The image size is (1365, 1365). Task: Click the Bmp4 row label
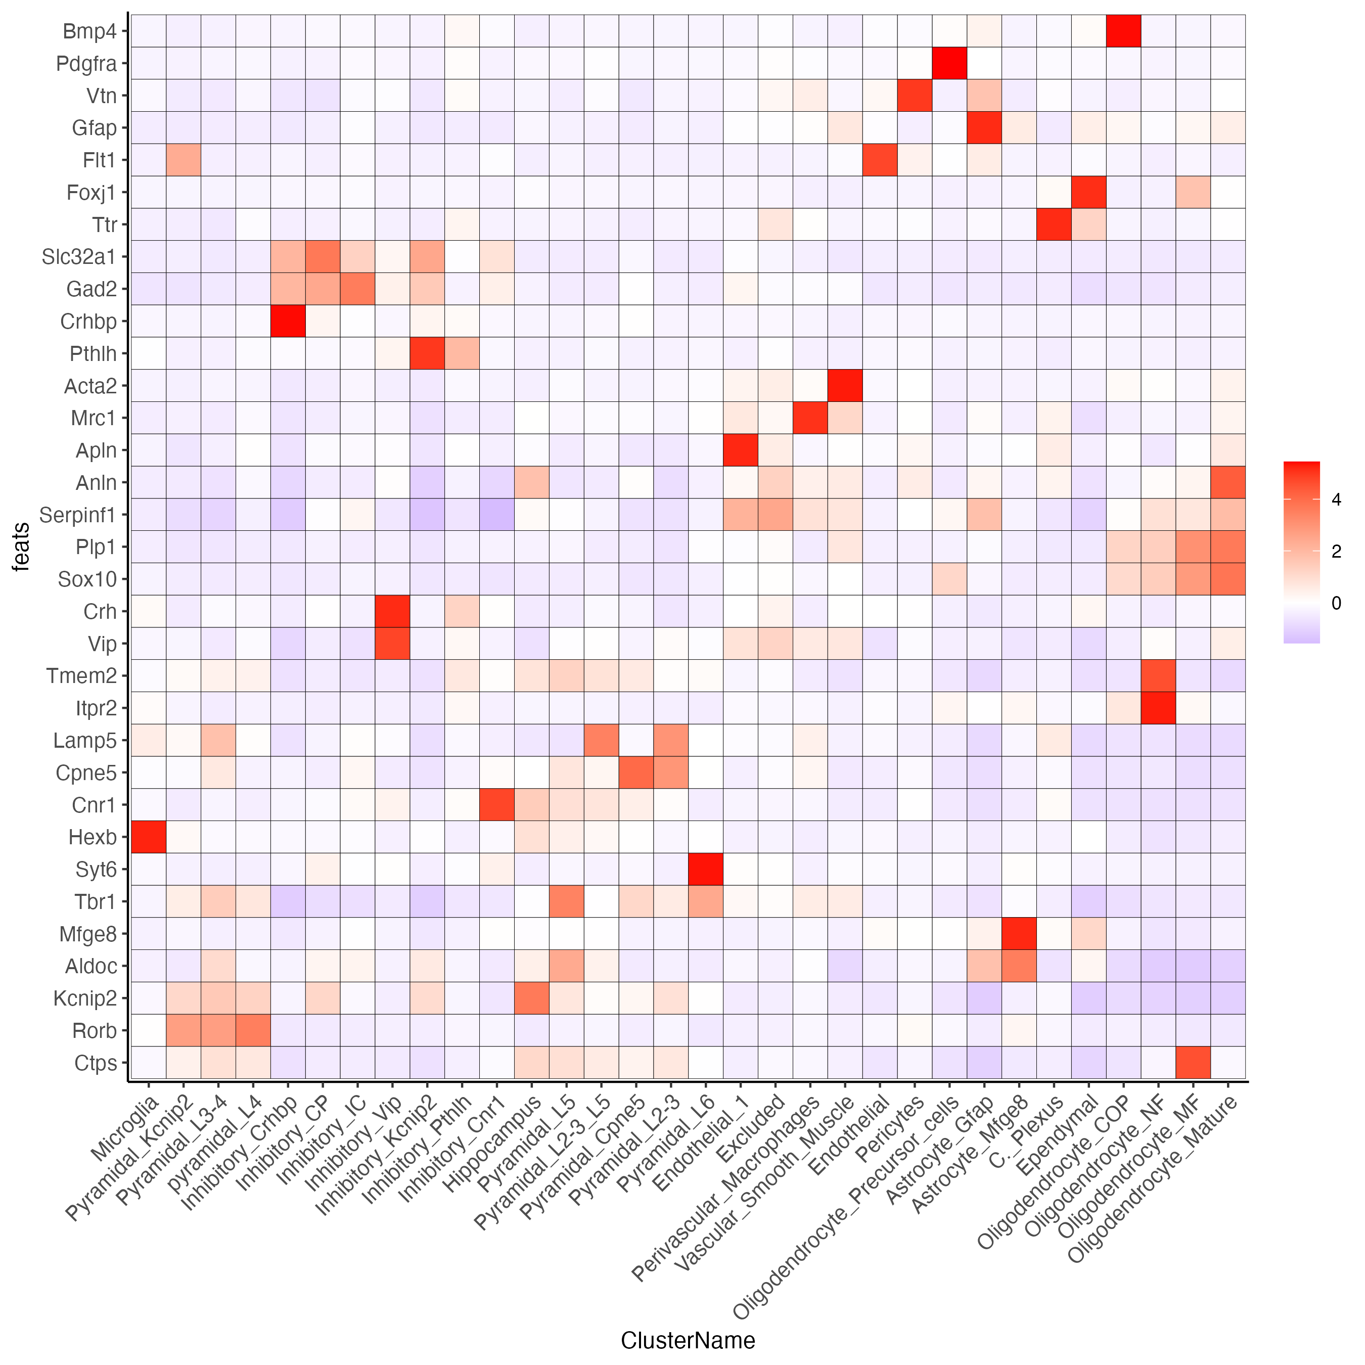coord(89,31)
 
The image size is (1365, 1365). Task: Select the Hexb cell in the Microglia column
coord(149,837)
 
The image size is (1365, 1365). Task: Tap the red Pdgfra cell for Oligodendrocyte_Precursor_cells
coord(949,64)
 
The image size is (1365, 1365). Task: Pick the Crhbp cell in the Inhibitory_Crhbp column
coord(288,322)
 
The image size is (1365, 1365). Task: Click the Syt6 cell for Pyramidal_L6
coord(706,869)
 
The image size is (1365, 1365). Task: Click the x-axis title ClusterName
coord(688,1340)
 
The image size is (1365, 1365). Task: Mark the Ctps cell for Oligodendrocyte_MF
coord(1193,1063)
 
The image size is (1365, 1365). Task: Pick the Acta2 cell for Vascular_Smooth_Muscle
coord(845,386)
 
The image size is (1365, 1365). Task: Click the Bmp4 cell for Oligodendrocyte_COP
coord(1123,31)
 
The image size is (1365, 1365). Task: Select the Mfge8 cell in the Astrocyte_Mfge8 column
coord(1019,934)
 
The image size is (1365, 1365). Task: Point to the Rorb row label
coord(94,1031)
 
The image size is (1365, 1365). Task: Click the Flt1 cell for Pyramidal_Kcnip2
coord(184,160)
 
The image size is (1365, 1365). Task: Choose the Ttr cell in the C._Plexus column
coord(1054,224)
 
